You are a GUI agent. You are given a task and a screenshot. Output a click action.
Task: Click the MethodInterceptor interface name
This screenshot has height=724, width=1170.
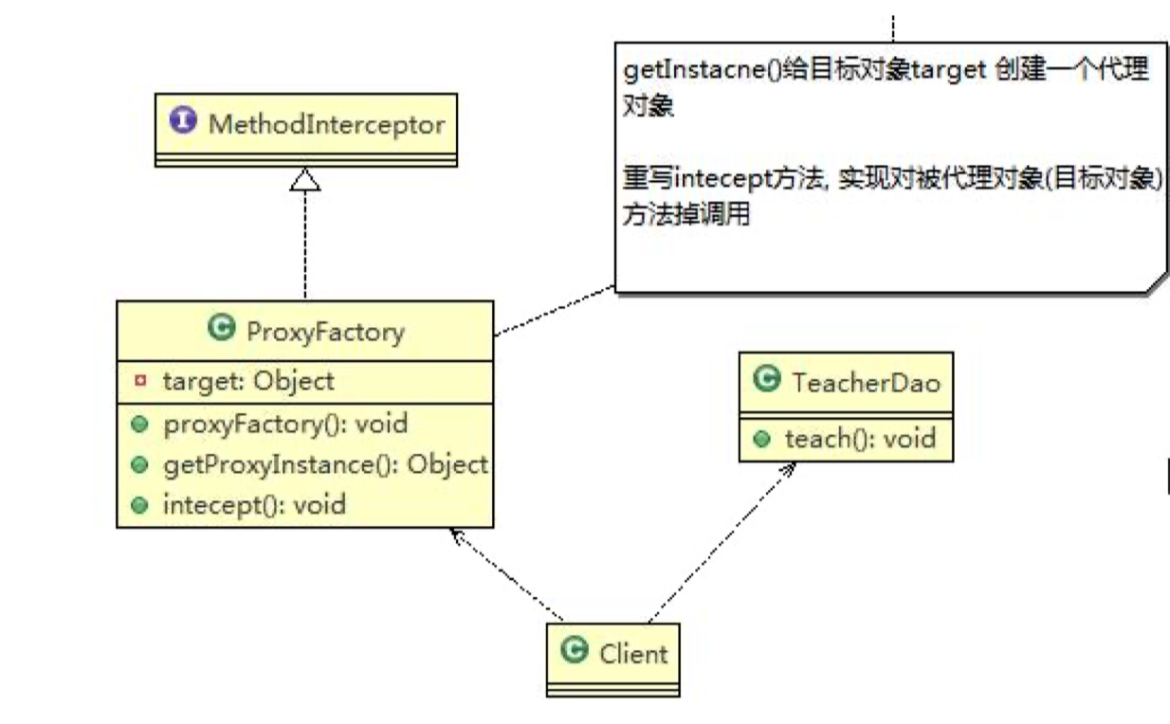pyautogui.click(x=326, y=124)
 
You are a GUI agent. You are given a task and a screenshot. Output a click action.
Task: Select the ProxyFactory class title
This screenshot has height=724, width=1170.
pyautogui.click(x=324, y=332)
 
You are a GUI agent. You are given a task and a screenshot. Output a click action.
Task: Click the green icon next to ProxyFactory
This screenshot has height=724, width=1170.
pyautogui.click(x=220, y=330)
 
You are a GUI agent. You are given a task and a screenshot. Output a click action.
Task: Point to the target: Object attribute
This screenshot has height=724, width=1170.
pyautogui.click(x=248, y=381)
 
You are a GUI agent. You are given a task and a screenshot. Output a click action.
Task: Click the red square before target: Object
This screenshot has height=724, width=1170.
pyautogui.click(x=140, y=381)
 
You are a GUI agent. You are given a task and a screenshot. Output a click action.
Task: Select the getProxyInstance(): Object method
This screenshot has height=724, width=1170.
pyautogui.click(x=324, y=464)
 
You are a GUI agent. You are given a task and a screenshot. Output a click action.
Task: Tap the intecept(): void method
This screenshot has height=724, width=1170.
pyautogui.click(x=254, y=504)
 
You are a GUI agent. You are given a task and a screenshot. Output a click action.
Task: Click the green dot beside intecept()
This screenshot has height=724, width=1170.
pyautogui.click(x=140, y=505)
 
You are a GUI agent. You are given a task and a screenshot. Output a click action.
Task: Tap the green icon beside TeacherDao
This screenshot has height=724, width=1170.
pyautogui.click(x=764, y=379)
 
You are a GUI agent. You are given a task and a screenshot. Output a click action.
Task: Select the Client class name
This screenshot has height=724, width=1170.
pyautogui.click(x=633, y=653)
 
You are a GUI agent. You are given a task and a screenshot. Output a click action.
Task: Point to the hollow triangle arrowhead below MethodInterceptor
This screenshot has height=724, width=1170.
pyautogui.click(x=305, y=178)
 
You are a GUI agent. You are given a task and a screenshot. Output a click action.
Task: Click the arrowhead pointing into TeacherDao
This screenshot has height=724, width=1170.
pyautogui.click(x=789, y=470)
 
